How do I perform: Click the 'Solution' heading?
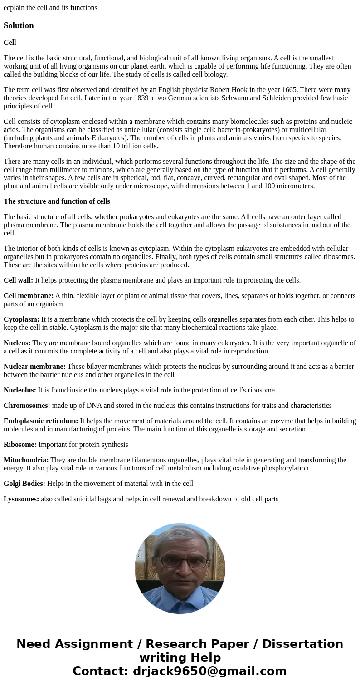coord(19,25)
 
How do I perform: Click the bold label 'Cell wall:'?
coord(18,280)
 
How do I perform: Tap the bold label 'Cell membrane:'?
coord(29,296)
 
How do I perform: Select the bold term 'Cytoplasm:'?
coord(21,319)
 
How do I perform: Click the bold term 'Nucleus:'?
coord(17,343)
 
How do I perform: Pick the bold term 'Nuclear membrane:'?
coord(34,367)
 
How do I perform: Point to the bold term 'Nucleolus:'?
coord(20,390)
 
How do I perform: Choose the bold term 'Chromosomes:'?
coord(27,406)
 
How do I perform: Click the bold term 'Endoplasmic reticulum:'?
coord(41,421)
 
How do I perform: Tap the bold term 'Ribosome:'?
coord(20,445)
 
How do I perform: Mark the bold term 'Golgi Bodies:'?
coord(24,484)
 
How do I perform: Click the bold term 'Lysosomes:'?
coord(21,499)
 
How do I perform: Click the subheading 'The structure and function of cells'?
coord(57,201)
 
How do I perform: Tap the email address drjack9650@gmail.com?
coord(209,671)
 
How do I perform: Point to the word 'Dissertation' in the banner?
coord(302,644)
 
